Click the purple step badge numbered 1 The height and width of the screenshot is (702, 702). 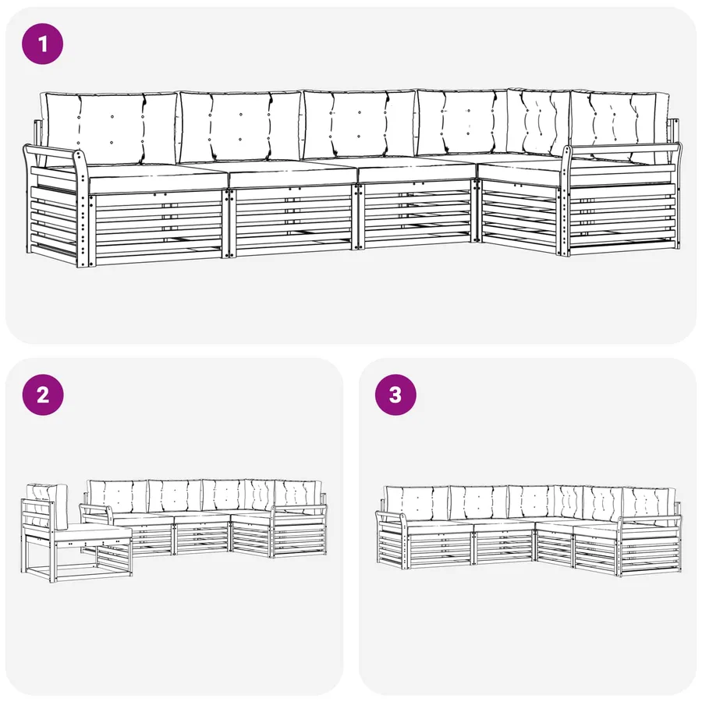tap(43, 44)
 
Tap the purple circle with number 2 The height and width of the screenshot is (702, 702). tap(43, 395)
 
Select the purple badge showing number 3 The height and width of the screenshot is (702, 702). tap(395, 395)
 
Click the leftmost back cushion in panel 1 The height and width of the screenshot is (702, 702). tap(110, 128)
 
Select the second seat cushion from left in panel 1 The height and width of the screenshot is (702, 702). tap(291, 174)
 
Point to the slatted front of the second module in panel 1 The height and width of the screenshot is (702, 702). tap(292, 219)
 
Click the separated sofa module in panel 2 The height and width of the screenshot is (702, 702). tap(76, 533)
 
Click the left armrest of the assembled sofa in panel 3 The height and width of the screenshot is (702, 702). tap(392, 516)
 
